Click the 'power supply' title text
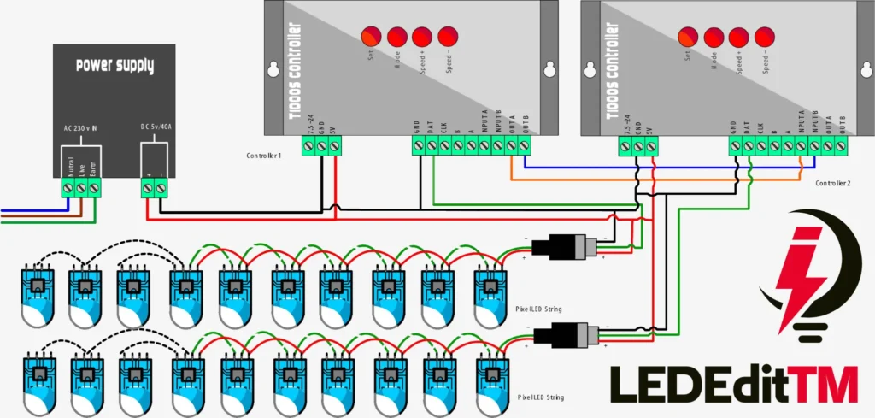click(114, 66)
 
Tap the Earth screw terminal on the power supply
click(94, 186)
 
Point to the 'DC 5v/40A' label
click(156, 128)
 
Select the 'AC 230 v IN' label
click(80, 128)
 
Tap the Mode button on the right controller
click(714, 37)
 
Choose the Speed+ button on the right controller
click(739, 37)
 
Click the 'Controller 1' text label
click(264, 156)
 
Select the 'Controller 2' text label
click(833, 184)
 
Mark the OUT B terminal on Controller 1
click(523, 146)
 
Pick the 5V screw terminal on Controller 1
click(334, 146)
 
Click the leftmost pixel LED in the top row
click(37, 295)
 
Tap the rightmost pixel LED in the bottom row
click(490, 381)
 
